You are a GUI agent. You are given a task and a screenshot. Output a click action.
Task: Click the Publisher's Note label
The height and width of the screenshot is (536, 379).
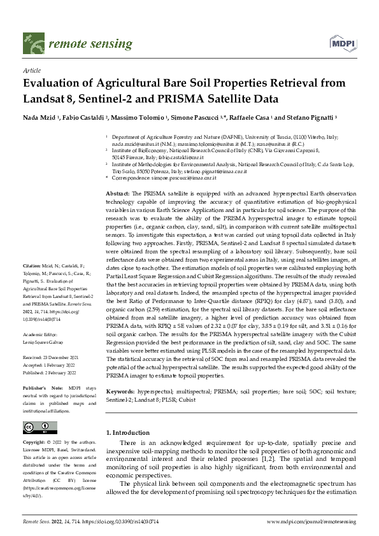pyautogui.click(x=40, y=386)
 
